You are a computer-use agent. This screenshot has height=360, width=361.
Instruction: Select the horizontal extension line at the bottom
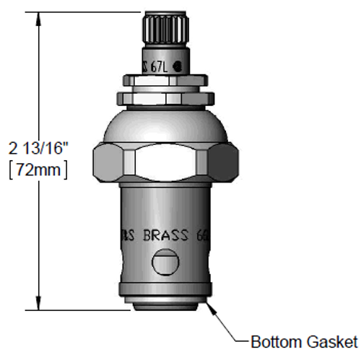72,311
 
